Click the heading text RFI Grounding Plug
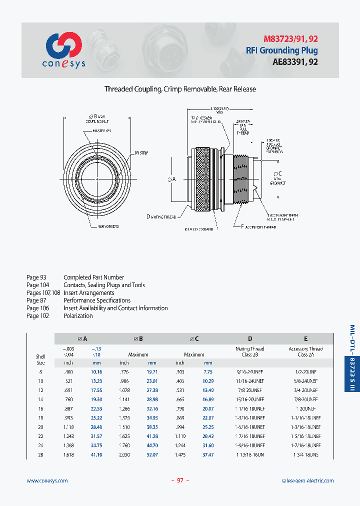point(281,50)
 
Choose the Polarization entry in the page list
point(78,316)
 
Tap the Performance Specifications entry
point(97,300)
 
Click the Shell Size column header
point(40,359)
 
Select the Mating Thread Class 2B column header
point(250,351)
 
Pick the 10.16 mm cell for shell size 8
point(96,372)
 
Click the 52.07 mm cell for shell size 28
point(152,454)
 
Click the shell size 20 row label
point(40,427)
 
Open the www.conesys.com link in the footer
point(46,480)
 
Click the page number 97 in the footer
point(180,480)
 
